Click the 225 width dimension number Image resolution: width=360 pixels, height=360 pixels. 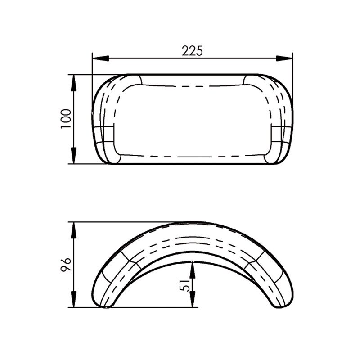pyautogui.click(x=193, y=51)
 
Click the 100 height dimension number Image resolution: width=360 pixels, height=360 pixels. pyautogui.click(x=66, y=119)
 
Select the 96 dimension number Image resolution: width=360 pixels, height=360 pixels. pyautogui.click(x=66, y=265)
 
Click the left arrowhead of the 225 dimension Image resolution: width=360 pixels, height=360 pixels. pyautogui.click(x=100, y=58)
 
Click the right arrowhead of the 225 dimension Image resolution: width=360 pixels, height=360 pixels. pyautogui.click(x=284, y=58)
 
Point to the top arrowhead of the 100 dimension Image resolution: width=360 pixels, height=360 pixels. pyautogui.click(x=74, y=83)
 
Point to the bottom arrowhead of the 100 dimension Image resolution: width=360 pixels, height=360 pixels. pyautogui.click(x=74, y=156)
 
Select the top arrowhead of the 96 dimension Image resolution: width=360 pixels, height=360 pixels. pyautogui.click(x=74, y=230)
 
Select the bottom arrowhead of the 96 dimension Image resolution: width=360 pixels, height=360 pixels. pyautogui.click(x=74, y=299)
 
